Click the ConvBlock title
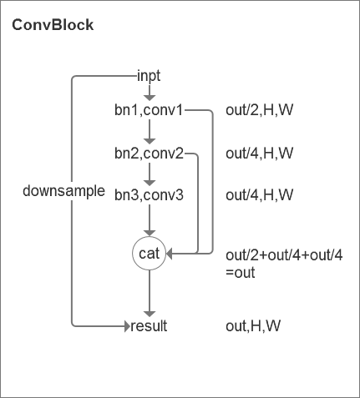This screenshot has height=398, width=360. [x=53, y=25]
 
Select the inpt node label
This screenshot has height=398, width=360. [x=149, y=76]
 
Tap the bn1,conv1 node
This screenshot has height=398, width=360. [x=149, y=109]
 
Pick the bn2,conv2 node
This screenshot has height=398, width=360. [x=149, y=154]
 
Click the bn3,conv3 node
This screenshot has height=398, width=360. [x=149, y=195]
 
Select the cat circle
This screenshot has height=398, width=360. [x=149, y=253]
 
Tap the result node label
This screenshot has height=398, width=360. [x=150, y=326]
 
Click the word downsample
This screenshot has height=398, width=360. [x=63, y=191]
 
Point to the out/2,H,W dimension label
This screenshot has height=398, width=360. [x=260, y=109]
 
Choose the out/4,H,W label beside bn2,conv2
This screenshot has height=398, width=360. [x=260, y=154]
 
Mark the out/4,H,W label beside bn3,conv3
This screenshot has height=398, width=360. [x=260, y=195]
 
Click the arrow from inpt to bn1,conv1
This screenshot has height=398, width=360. [x=149, y=93]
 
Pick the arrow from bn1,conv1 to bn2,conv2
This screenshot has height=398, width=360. [x=149, y=131]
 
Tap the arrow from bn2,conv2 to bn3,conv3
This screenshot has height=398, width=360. [x=149, y=174]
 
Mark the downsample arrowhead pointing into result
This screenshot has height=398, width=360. [x=126, y=326]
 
